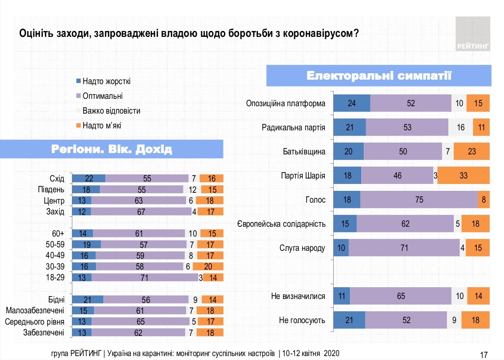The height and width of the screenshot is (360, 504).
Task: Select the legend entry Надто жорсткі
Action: tap(106, 81)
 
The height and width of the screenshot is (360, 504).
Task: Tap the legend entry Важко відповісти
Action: tap(111, 111)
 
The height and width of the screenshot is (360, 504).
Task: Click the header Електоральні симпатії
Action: tap(379, 76)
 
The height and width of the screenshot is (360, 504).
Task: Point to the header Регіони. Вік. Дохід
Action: tap(112, 149)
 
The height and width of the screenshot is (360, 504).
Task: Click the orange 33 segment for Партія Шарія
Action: tap(463, 176)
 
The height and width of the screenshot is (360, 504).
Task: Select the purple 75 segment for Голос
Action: tap(419, 200)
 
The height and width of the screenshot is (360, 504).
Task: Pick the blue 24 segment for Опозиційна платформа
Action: tap(351, 103)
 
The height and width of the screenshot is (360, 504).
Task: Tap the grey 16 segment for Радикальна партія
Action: tap(461, 127)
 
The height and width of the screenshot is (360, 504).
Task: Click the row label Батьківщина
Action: tap(304, 151)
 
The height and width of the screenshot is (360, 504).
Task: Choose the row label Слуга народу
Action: tap(302, 248)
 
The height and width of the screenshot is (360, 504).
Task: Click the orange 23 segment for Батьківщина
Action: tap(472, 151)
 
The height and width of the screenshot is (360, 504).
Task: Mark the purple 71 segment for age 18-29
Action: tap(145, 277)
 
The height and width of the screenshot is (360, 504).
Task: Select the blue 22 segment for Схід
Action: tap(89, 179)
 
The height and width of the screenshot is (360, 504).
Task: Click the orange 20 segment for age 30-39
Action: tap(208, 267)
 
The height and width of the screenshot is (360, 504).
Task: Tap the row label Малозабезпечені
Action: tap(35, 311)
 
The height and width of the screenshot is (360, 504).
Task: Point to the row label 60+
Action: tap(57, 233)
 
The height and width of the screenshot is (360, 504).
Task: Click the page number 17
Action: tap(483, 354)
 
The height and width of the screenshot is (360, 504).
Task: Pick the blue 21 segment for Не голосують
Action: tap(349, 320)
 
